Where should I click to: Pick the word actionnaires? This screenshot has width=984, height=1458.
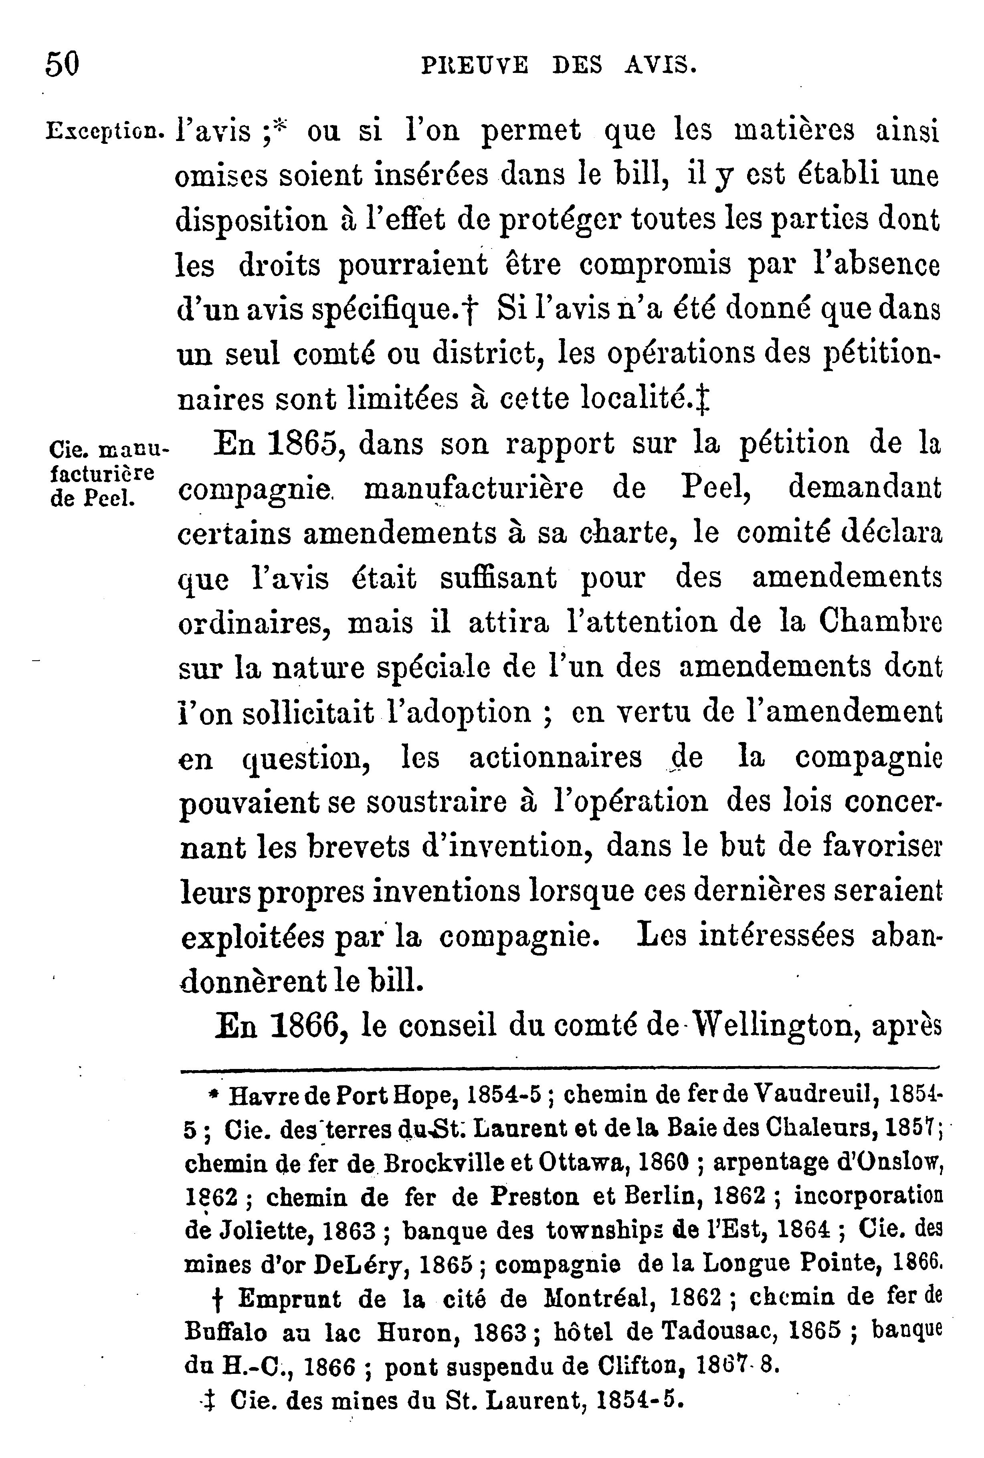pyautogui.click(x=556, y=758)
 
